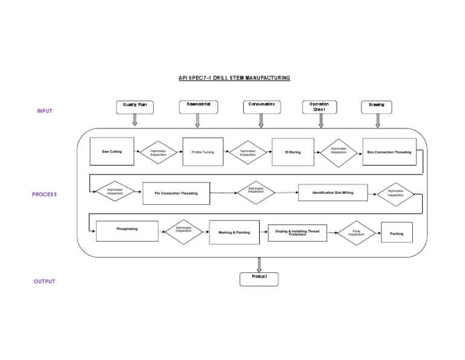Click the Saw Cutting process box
[111, 152]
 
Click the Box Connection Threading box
[389, 152]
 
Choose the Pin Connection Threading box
[176, 193]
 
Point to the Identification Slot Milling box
[332, 193]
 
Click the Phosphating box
[127, 230]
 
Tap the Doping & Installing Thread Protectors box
[297, 233]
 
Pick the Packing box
[397, 233]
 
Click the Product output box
[260, 278]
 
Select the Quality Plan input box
[135, 107]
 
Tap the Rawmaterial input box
[199, 107]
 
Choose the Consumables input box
[262, 107]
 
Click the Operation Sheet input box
[319, 107]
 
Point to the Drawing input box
[377, 107]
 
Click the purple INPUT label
[45, 111]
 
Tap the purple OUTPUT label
[44, 281]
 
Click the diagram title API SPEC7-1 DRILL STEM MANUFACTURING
[234, 78]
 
